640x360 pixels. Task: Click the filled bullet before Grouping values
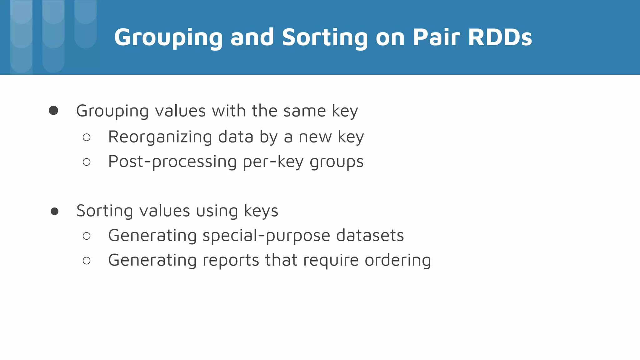coord(53,110)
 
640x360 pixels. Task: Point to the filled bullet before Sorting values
coord(54,211)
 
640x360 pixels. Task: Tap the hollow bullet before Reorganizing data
coord(87,137)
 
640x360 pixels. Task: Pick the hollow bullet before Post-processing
coord(87,162)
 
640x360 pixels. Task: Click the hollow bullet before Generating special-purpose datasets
coord(87,236)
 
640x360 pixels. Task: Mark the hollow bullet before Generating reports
coord(87,260)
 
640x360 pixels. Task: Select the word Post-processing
coord(172,162)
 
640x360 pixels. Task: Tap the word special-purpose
coord(266,236)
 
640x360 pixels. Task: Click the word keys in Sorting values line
coord(261,211)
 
